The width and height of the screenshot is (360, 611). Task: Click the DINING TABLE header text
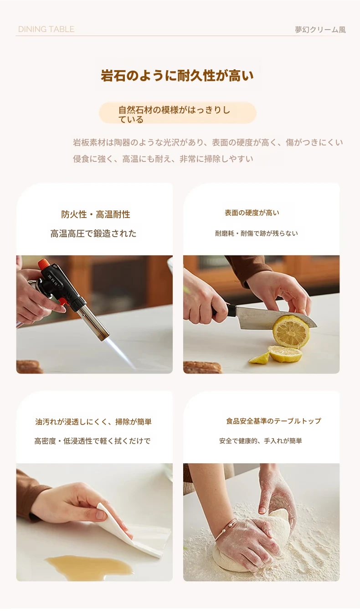click(46, 29)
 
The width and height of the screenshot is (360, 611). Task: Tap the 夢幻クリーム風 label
click(320, 30)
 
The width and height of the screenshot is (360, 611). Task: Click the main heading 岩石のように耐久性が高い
click(177, 76)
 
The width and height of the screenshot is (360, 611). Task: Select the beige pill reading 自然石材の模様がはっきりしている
click(177, 113)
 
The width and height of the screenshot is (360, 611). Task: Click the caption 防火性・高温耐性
click(95, 214)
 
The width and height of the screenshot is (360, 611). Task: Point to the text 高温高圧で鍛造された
click(93, 233)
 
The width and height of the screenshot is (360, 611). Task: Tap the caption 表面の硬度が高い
click(252, 213)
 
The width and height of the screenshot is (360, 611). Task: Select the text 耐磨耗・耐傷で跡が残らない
click(256, 233)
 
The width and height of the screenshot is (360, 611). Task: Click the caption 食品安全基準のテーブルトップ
click(273, 421)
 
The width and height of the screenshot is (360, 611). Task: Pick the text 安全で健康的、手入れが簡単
click(261, 441)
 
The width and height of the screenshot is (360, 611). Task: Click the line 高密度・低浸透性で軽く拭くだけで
click(93, 441)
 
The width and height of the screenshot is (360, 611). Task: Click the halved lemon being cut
click(291, 331)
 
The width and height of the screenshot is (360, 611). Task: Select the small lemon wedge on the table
click(259, 357)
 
